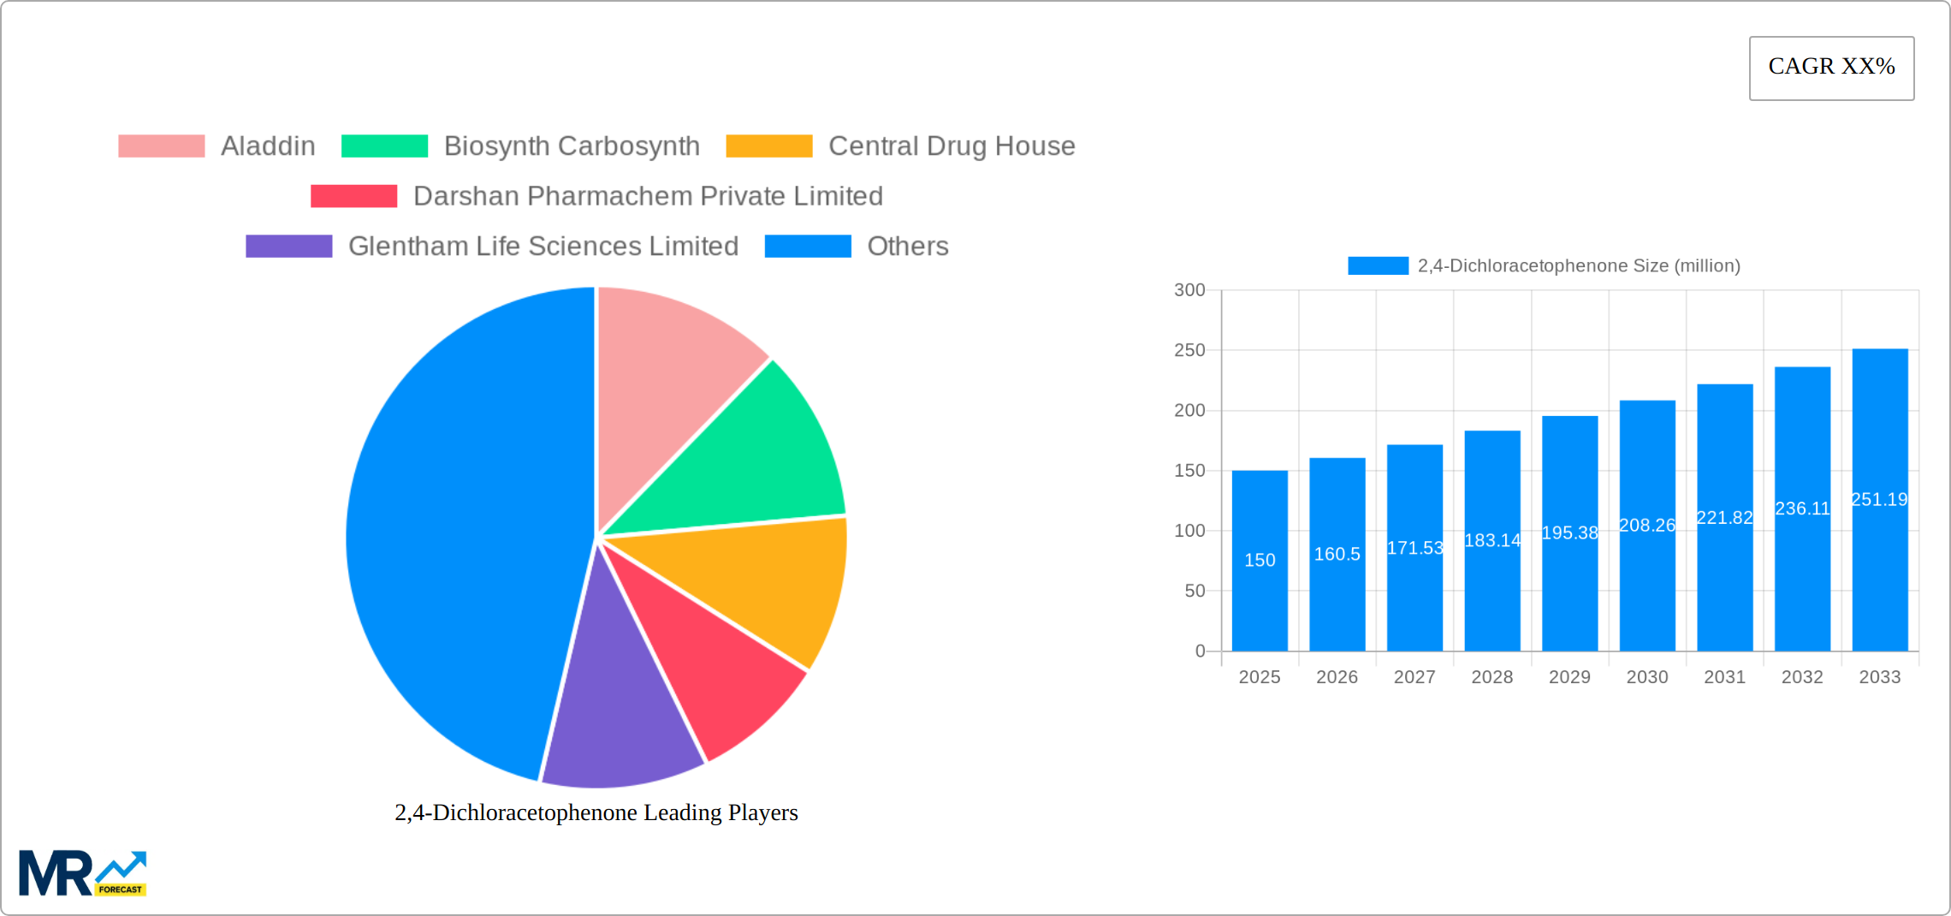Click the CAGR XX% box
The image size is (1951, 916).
(1831, 68)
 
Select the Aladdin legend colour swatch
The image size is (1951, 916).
(161, 146)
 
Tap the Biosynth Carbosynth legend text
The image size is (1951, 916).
(572, 146)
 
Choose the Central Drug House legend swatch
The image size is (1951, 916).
(768, 146)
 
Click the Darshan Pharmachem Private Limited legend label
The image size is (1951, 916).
(648, 196)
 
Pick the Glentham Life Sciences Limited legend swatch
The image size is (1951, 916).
(288, 247)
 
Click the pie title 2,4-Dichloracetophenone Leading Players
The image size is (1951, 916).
(596, 812)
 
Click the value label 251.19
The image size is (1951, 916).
(1879, 499)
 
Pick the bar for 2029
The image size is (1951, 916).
(1569, 582)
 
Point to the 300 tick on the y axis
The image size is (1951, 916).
(1189, 290)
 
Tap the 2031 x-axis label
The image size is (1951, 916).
(1724, 677)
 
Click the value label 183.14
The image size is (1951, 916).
(1492, 540)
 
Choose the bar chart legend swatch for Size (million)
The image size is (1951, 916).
(1378, 266)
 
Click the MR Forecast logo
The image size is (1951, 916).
(82, 873)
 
